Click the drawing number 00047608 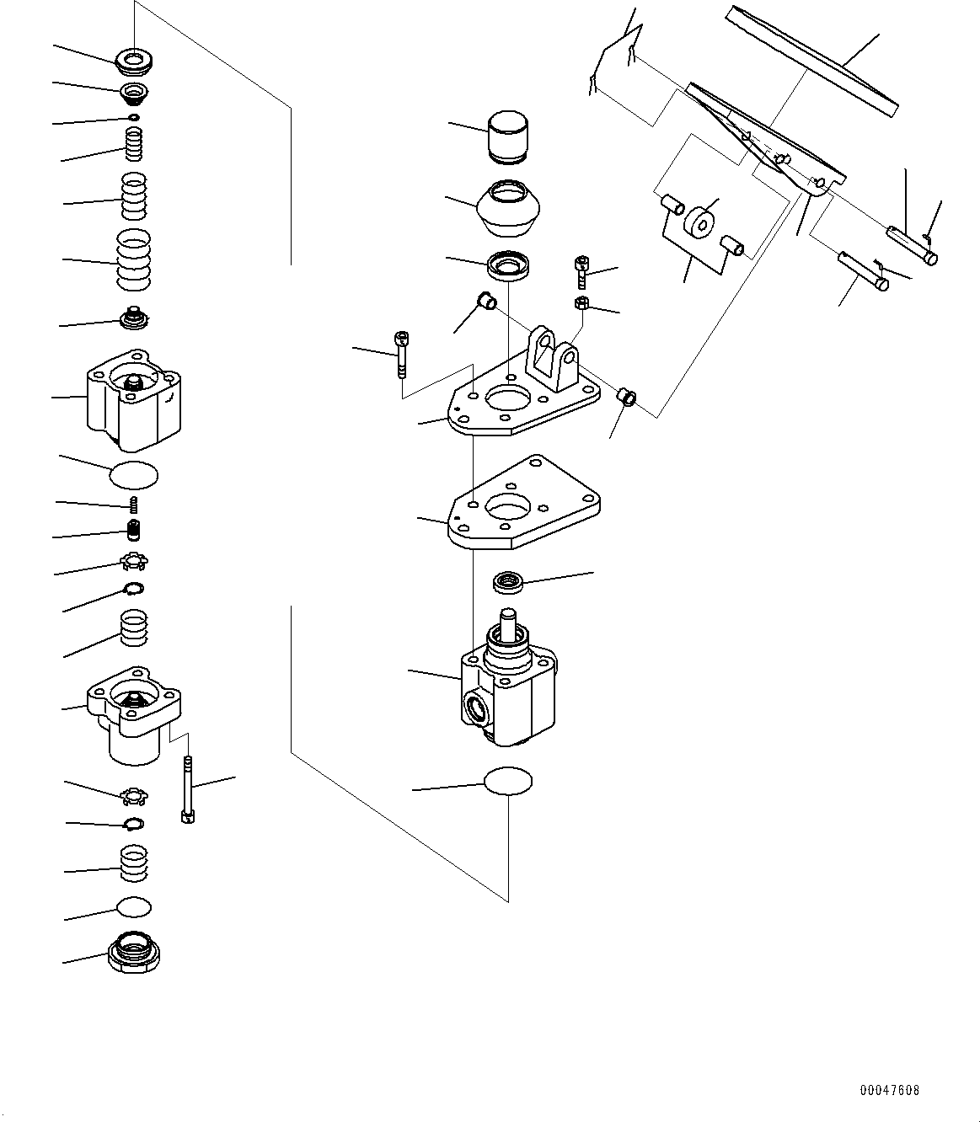890,1090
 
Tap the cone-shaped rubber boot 508,209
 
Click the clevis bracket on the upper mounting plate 553,360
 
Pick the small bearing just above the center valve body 508,581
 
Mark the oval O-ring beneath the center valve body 508,781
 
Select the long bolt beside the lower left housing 188,788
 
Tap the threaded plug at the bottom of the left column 134,953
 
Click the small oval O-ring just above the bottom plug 134,907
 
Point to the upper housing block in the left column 133,400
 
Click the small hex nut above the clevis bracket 581,303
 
